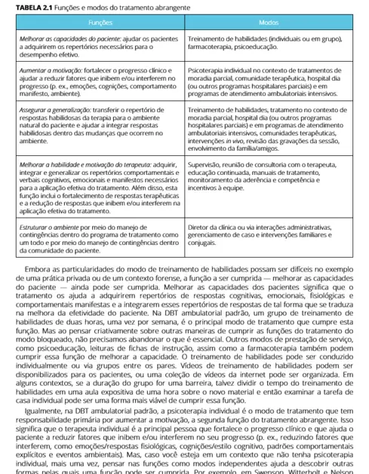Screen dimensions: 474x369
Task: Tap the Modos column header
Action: [x=269, y=23]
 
